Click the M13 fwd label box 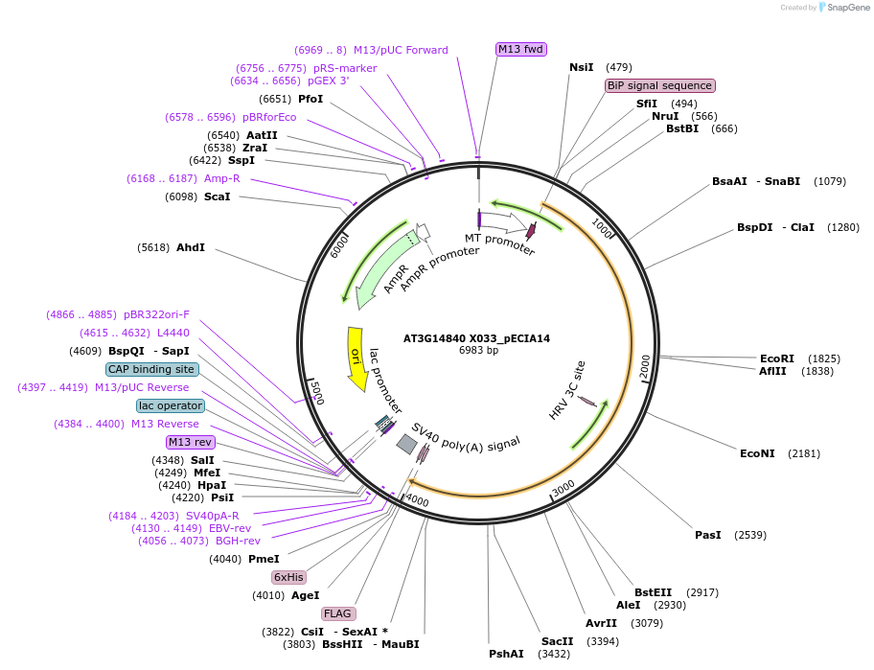click(x=521, y=49)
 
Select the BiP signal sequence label click(x=659, y=85)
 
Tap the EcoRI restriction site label click(x=777, y=358)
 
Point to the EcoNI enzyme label click(x=757, y=453)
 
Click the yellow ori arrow click(x=356, y=358)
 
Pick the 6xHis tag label click(x=288, y=577)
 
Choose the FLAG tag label click(x=338, y=613)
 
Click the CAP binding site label click(x=152, y=369)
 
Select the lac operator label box click(x=171, y=405)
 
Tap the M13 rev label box click(x=190, y=442)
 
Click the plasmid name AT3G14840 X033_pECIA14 click(x=476, y=338)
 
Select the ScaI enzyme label click(x=218, y=196)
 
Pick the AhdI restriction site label click(x=191, y=247)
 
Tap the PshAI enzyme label click(x=506, y=654)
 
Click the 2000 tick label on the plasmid click(x=646, y=365)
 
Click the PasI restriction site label click(x=708, y=535)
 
